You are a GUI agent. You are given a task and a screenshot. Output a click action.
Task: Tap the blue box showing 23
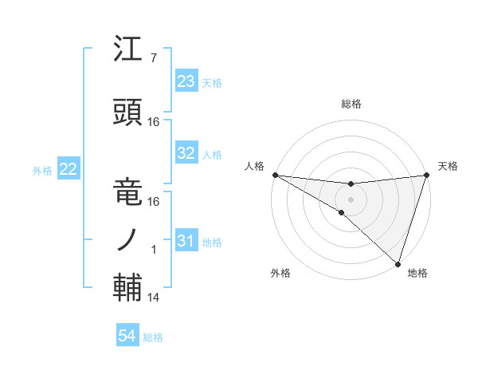pos(186,82)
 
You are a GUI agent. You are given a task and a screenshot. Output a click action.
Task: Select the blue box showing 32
pos(186,153)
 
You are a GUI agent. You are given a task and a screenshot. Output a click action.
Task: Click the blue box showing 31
pos(186,241)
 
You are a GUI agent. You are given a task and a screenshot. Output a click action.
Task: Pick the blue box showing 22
pos(69,169)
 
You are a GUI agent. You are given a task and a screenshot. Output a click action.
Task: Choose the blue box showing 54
pos(127,337)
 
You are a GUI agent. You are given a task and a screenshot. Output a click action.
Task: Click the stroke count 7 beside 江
pos(153,58)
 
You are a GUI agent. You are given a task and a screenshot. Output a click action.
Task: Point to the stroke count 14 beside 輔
pos(154,298)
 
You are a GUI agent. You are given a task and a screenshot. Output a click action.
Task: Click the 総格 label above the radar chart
pos(351,104)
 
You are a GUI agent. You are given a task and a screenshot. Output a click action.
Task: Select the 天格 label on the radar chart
pos(448,166)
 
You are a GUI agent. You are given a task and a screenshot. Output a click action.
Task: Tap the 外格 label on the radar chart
pos(280,273)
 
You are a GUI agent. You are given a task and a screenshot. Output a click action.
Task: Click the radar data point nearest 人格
pos(275,174)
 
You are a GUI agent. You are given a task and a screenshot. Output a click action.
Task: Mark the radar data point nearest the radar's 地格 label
pos(398,263)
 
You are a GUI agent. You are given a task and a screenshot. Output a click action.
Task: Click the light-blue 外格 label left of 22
pos(42,170)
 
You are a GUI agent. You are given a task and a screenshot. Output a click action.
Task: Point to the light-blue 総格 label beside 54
pos(153,337)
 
